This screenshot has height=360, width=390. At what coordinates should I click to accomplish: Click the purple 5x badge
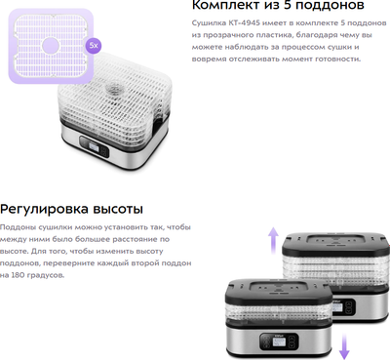pyautogui.click(x=94, y=45)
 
